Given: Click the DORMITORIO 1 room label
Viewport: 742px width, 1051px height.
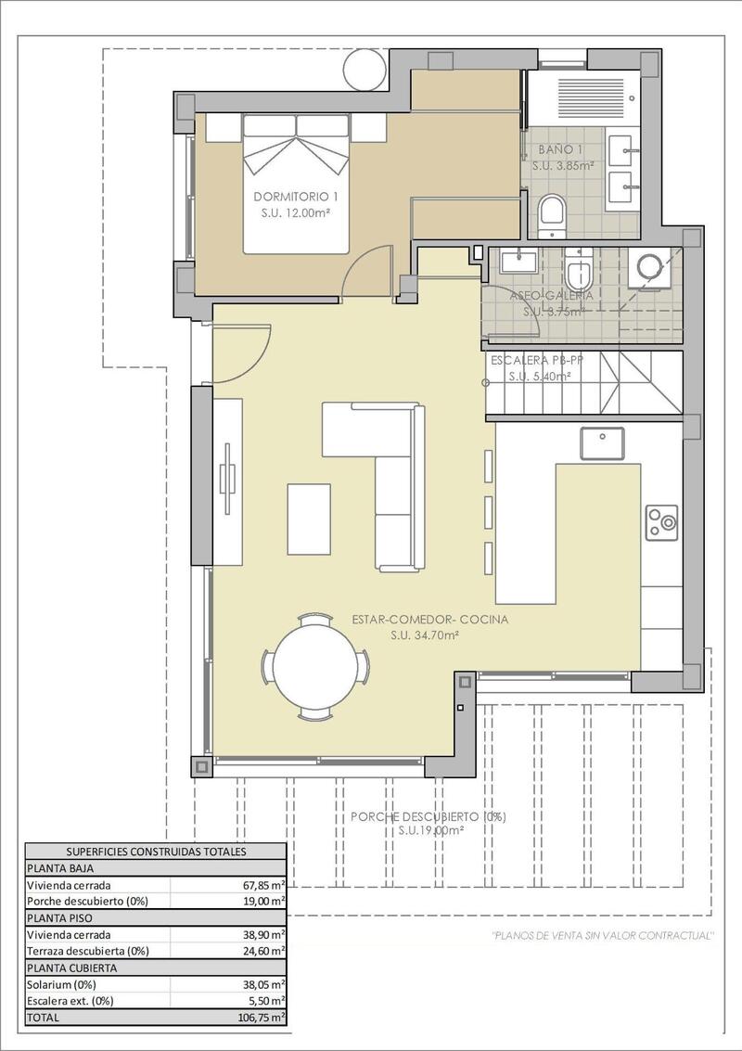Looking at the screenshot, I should tap(296, 197).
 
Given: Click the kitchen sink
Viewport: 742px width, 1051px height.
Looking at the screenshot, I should tap(602, 443).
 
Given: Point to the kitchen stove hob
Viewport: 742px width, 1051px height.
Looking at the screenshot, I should tap(663, 522).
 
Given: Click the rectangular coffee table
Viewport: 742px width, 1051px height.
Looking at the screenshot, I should tap(309, 518).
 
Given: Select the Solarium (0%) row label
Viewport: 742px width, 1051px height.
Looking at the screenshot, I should tap(61, 984).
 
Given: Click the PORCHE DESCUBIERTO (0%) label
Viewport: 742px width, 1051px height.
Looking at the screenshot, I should tap(428, 816).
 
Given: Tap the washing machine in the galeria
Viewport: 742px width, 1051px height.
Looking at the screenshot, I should tap(647, 269).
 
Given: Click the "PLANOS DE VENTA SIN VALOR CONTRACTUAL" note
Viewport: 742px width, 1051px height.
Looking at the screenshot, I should tap(603, 935).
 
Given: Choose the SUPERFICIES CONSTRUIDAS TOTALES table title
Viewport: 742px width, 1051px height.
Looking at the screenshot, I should tap(155, 851).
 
